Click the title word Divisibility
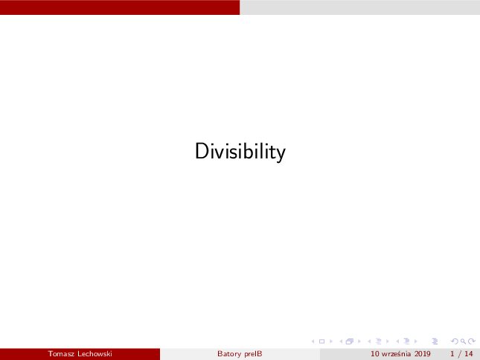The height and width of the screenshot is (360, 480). (240, 152)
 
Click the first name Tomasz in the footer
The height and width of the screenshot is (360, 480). (60, 354)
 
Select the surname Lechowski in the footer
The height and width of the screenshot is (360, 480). (95, 354)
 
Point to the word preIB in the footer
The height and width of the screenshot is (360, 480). (254, 354)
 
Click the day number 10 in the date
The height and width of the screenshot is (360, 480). (374, 354)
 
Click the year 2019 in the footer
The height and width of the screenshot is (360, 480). (423, 354)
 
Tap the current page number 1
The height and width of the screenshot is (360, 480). (452, 354)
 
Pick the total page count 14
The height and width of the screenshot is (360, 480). (469, 354)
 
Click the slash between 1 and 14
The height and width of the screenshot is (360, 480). (459, 354)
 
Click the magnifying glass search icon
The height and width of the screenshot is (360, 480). (463, 341)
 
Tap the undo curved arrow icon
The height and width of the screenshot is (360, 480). (455, 341)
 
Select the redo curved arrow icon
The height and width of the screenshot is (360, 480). (472, 341)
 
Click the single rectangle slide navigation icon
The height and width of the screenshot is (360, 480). (321, 341)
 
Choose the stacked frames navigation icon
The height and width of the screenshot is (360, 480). (350, 341)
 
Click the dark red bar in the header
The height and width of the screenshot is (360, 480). (120, 7)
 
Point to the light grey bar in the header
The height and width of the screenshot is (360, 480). (359, 7)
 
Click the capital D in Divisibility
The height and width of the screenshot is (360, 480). (202, 151)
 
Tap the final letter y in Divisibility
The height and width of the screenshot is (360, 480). (281, 155)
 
